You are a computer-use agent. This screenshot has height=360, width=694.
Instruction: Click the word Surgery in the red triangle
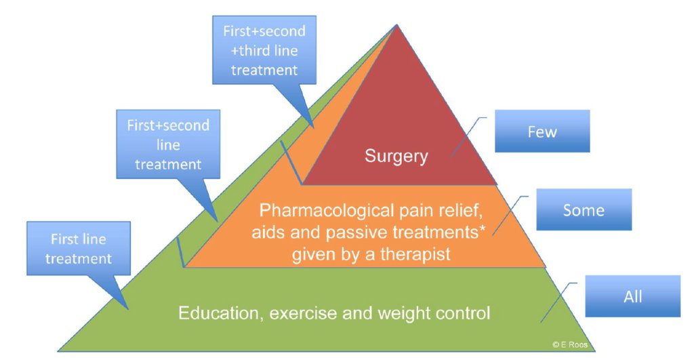396,157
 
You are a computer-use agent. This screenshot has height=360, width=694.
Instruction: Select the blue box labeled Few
542,131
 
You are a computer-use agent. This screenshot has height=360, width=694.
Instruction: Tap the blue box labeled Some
583,209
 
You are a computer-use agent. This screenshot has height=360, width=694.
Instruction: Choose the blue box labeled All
632,296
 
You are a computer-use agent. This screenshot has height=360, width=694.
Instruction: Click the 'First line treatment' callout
78,249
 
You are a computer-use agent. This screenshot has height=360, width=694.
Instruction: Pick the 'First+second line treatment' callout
167,144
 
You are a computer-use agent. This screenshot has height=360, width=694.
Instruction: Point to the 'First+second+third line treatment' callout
264,50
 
